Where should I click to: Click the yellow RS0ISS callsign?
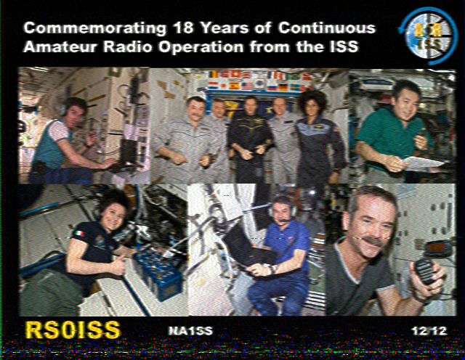(73, 330)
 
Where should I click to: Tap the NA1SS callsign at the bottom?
(190, 331)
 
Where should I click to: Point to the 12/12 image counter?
(429, 331)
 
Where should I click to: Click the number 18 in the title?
(183, 28)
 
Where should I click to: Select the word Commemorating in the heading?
(95, 29)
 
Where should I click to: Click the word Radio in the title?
(127, 47)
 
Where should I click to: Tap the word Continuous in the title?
(327, 28)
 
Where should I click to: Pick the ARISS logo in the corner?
(428, 36)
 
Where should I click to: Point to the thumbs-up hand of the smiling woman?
(119, 264)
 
